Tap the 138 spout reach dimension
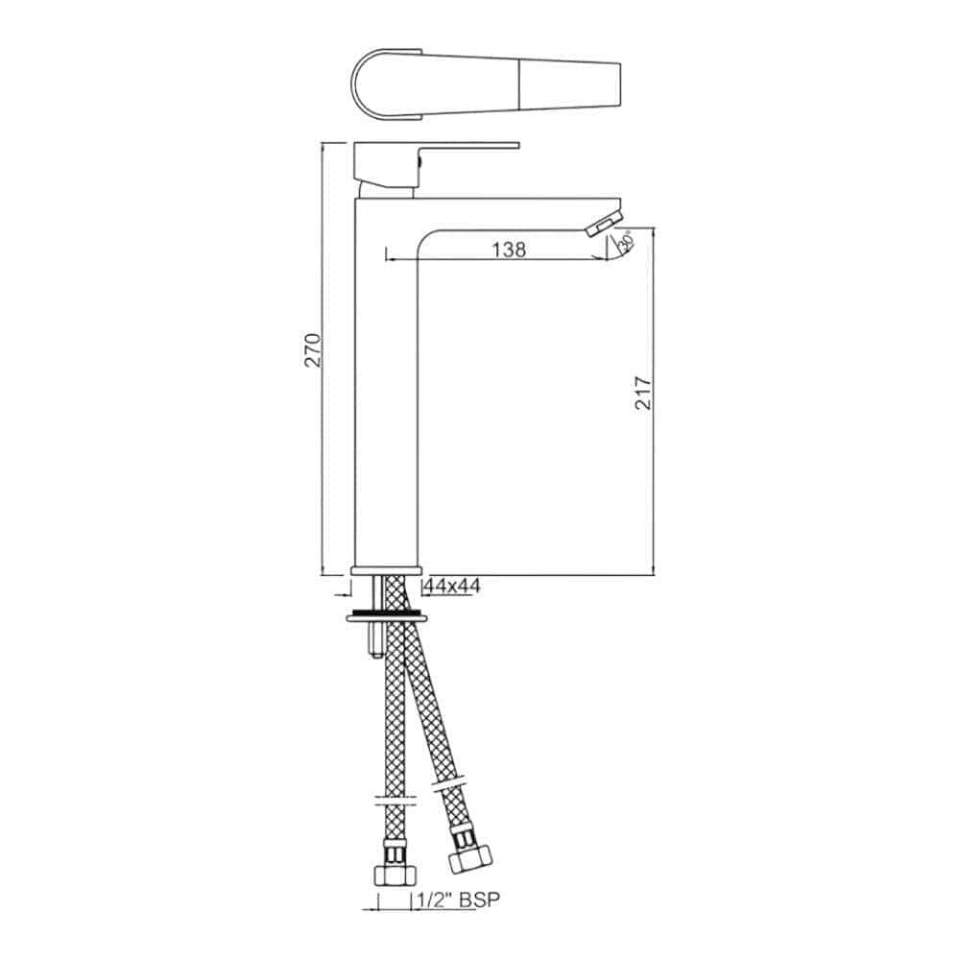pyautogui.click(x=508, y=250)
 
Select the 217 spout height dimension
pyautogui.click(x=644, y=393)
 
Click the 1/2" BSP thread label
pyautogui.click(x=459, y=900)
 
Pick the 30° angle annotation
pyautogui.click(x=625, y=243)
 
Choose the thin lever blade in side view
pyautogui.click(x=470, y=147)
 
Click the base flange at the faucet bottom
pyautogui.click(x=387, y=569)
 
